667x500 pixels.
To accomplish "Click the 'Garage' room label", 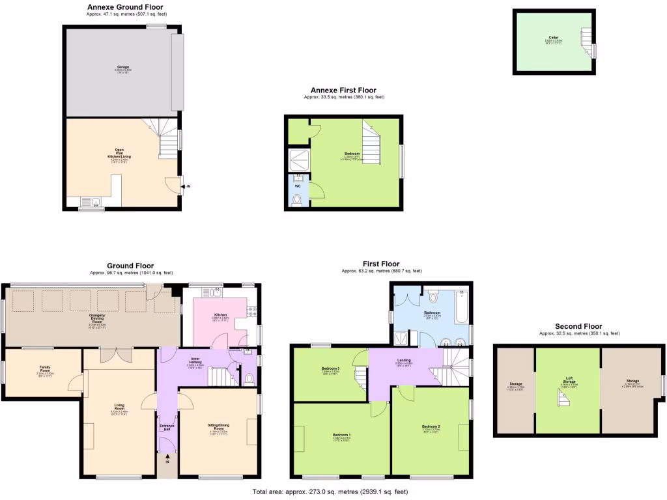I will [123, 66].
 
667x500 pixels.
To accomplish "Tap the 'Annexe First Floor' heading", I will [343, 90].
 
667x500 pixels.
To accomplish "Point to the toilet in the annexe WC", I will [298, 201].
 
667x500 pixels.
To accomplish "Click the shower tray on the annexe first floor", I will [298, 160].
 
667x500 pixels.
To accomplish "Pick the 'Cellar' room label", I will [553, 38].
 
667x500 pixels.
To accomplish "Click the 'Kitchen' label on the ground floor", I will [220, 315].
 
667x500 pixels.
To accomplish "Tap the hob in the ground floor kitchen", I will [253, 313].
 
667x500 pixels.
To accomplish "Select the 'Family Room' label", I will [44, 368].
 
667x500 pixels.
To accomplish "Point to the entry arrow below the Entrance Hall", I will [167, 457].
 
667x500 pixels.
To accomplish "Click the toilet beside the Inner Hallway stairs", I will [249, 379].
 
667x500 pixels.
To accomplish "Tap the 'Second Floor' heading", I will [578, 326].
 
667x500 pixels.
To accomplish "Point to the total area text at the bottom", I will [330, 492].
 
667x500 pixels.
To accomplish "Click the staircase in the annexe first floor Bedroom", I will [371, 145].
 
